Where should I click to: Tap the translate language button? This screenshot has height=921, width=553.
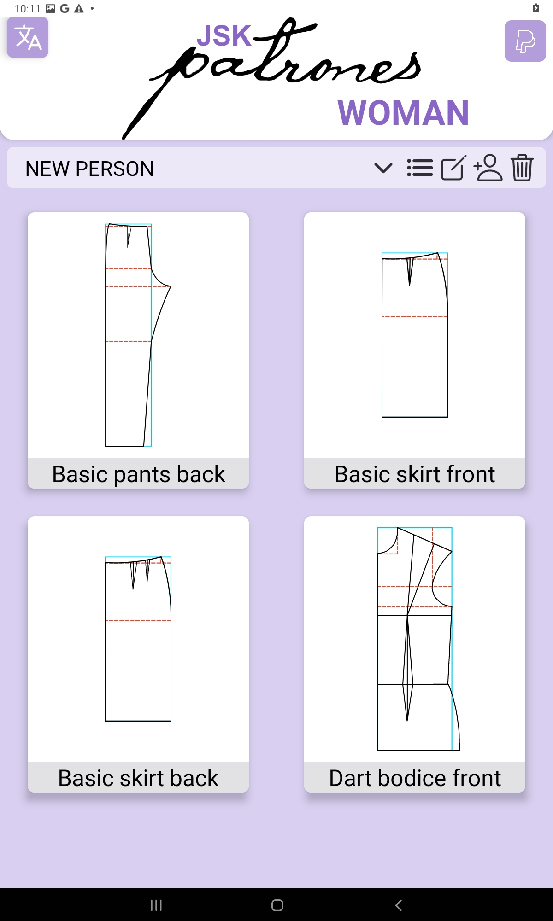coord(28,37)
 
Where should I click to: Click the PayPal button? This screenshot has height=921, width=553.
coord(525,41)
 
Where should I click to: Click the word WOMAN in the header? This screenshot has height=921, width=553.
coord(403,113)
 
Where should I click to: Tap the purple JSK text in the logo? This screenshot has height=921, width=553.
coord(224,35)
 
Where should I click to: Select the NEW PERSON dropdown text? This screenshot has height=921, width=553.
coord(89,169)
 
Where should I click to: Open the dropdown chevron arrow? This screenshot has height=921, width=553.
coord(383,168)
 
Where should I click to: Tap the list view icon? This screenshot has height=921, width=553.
coord(420,168)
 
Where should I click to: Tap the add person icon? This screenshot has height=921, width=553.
coord(488,168)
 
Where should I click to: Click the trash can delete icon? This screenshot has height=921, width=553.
coord(522,168)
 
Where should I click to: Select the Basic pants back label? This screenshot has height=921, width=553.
coord(138,474)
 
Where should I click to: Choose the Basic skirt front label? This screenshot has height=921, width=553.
coord(415,474)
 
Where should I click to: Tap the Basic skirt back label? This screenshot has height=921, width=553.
coord(138,778)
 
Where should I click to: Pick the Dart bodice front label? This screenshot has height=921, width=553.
coord(415,778)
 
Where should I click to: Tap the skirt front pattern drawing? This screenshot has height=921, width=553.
coord(415,335)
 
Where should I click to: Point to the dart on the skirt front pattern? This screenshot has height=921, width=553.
coord(410,271)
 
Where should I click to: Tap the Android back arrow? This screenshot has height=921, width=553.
coord(399,905)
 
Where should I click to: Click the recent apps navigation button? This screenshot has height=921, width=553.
coord(156,905)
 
